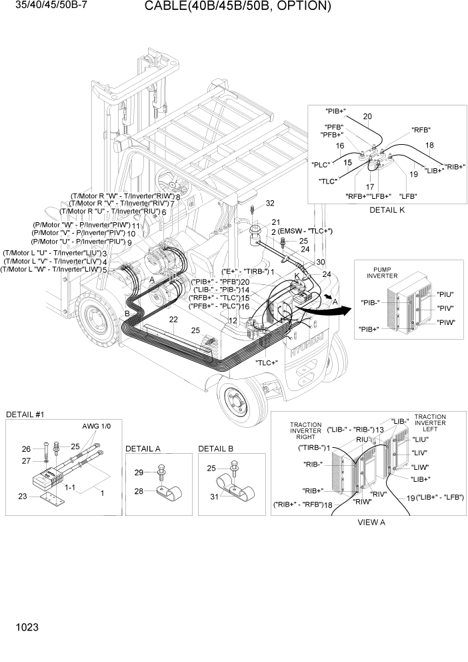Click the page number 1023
(x=24, y=627)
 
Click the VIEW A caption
(x=371, y=523)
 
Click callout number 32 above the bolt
(x=270, y=203)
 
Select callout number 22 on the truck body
(x=173, y=320)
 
